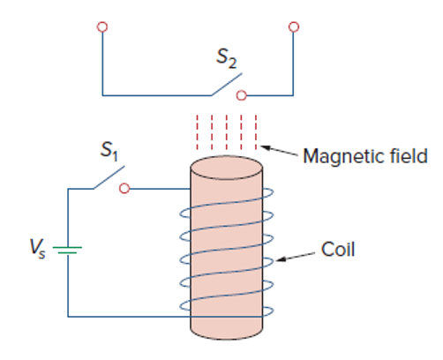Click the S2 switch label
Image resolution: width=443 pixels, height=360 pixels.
click(x=227, y=58)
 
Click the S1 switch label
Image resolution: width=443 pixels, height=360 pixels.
click(x=109, y=151)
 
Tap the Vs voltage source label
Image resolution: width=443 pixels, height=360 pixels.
click(x=38, y=249)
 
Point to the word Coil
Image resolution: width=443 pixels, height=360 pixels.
click(x=338, y=250)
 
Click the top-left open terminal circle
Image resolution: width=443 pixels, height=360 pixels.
click(x=102, y=27)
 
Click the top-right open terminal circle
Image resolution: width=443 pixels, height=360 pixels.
click(x=294, y=27)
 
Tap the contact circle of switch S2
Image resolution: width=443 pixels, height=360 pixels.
click(x=242, y=95)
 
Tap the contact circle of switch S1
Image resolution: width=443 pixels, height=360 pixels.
click(x=124, y=188)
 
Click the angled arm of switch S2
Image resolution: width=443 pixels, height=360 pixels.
click(x=227, y=85)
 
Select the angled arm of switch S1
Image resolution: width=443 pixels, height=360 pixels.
click(x=109, y=177)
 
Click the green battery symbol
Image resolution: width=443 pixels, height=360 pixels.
click(x=67, y=250)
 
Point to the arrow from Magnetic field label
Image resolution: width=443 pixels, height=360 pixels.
click(x=279, y=150)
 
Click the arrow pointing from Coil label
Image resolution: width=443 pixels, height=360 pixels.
click(x=295, y=257)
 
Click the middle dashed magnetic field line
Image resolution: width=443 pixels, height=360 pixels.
click(x=227, y=132)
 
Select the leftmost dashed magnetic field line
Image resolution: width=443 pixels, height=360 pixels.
click(x=198, y=132)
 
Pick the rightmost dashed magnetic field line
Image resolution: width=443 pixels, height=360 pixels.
click(x=256, y=132)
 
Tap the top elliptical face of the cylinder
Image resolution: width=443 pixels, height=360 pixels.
click(x=227, y=168)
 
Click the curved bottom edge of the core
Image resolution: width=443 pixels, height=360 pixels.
click(x=227, y=340)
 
